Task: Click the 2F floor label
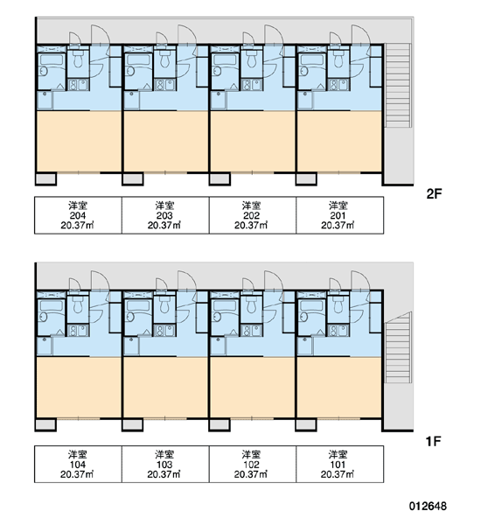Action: pyautogui.click(x=434, y=194)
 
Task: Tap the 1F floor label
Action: pyautogui.click(x=434, y=441)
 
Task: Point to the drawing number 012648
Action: pyautogui.click(x=428, y=506)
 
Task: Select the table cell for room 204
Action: pyautogui.click(x=78, y=215)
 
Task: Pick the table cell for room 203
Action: pyautogui.click(x=165, y=215)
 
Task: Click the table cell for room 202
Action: pyautogui.click(x=253, y=215)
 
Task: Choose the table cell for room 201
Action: pyautogui.click(x=339, y=215)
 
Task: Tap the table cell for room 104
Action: pyautogui.click(x=78, y=464)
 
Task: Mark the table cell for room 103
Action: pyautogui.click(x=165, y=464)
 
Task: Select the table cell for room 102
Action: pyautogui.click(x=253, y=464)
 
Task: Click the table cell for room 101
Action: pyautogui.click(x=339, y=464)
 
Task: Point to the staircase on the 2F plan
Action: pyautogui.click(x=398, y=86)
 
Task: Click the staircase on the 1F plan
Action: pyautogui.click(x=398, y=348)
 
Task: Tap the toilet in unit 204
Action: pyautogui.click(x=78, y=59)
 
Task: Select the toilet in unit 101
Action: pyautogui.click(x=338, y=304)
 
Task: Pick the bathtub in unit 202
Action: pyautogui.click(x=225, y=60)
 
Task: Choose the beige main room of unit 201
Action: pyautogui.click(x=339, y=142)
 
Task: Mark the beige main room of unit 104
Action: pyautogui.click(x=79, y=388)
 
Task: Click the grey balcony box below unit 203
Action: pyautogui.click(x=133, y=178)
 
